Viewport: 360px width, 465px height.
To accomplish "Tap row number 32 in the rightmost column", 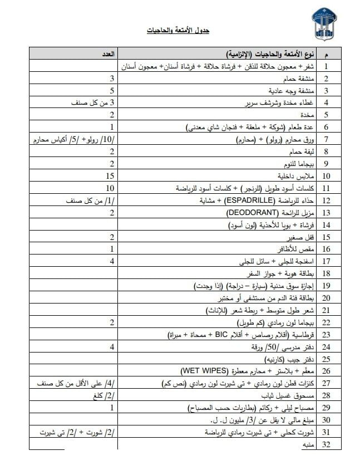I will point(327,445).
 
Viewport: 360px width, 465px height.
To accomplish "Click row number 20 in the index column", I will point(327,298).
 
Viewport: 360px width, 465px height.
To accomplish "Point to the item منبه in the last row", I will point(308,445).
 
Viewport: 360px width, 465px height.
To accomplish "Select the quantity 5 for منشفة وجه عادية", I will point(111,90).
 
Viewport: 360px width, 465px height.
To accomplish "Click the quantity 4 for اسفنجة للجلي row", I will point(111,261).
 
